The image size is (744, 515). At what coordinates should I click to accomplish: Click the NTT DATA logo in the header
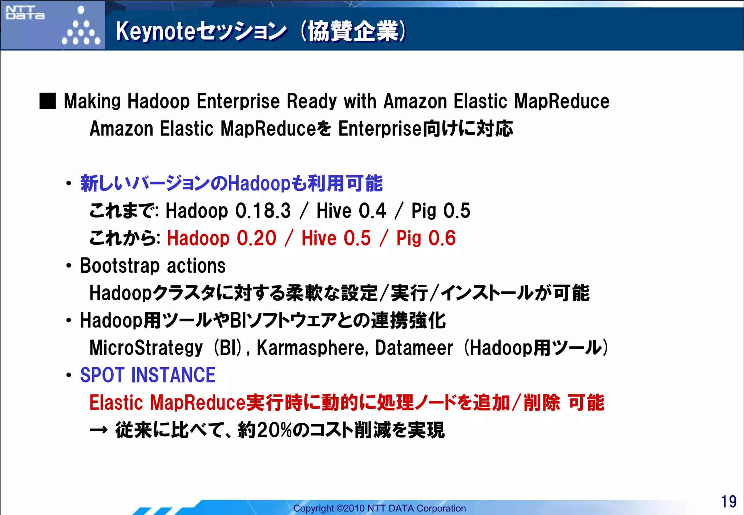click(x=25, y=12)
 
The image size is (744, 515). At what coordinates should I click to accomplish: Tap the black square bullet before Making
click(x=48, y=101)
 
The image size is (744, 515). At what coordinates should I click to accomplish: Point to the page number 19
click(x=728, y=502)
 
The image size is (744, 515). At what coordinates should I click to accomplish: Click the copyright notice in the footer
click(x=379, y=508)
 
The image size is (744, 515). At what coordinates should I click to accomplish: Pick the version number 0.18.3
click(x=263, y=211)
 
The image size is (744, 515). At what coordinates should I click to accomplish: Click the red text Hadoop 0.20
click(x=222, y=238)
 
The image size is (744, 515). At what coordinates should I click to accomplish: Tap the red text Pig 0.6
click(x=426, y=238)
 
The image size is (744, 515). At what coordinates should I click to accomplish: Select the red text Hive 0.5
click(x=336, y=238)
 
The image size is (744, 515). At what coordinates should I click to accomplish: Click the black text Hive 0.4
click(x=351, y=211)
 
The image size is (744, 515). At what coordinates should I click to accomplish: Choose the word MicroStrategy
click(x=146, y=348)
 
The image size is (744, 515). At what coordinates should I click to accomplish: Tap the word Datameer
click(x=414, y=348)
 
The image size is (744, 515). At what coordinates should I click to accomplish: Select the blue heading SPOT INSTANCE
click(x=148, y=375)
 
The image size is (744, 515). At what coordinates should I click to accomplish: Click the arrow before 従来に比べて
click(x=98, y=430)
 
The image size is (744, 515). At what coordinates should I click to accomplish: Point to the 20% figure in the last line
click(x=274, y=430)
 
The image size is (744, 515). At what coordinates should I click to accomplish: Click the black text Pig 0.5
click(x=441, y=211)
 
